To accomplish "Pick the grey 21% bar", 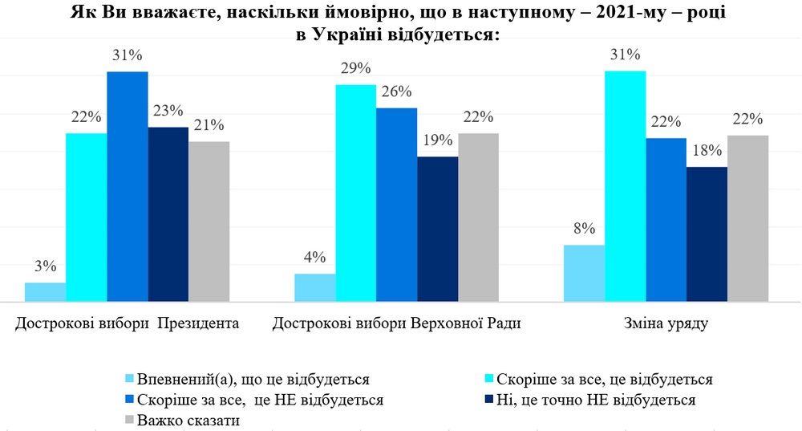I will coord(209,222).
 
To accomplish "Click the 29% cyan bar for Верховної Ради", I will coord(355,193).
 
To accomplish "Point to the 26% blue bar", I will coord(396,205).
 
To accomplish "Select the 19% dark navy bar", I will coord(437,229).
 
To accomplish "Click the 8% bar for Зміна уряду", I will coord(584,273).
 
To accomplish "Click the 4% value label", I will coord(314,258).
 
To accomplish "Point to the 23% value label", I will coord(168,111).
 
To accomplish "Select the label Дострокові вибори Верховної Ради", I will coord(396,324).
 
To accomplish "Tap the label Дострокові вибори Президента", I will coord(127,324).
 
